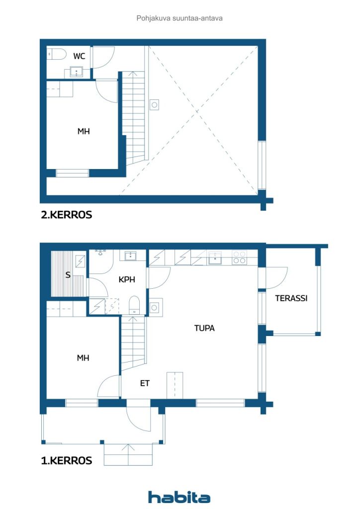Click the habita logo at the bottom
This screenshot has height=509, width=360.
[x=179, y=497]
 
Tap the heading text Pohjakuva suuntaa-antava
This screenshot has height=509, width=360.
[x=180, y=18]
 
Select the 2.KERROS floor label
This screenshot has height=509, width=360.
[x=66, y=215]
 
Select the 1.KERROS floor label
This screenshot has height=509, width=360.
[x=66, y=461]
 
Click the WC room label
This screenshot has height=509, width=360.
[x=79, y=56]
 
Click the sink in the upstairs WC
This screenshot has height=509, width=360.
[x=76, y=72]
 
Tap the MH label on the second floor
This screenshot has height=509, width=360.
[x=83, y=132]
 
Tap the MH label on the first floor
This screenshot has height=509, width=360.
[x=83, y=357]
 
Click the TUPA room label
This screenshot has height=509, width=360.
[x=204, y=328]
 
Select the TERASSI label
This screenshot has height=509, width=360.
[x=291, y=298]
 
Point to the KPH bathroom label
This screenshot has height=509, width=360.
[x=127, y=280]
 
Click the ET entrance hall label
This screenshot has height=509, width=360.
[x=145, y=383]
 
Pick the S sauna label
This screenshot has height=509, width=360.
[x=68, y=275]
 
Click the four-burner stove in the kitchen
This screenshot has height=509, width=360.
[x=239, y=257]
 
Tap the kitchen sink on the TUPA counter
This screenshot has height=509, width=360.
[x=215, y=257]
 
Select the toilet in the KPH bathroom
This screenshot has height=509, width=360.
[x=134, y=304]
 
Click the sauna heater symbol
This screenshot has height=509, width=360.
[x=80, y=260]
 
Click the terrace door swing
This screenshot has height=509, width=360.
[x=276, y=277]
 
